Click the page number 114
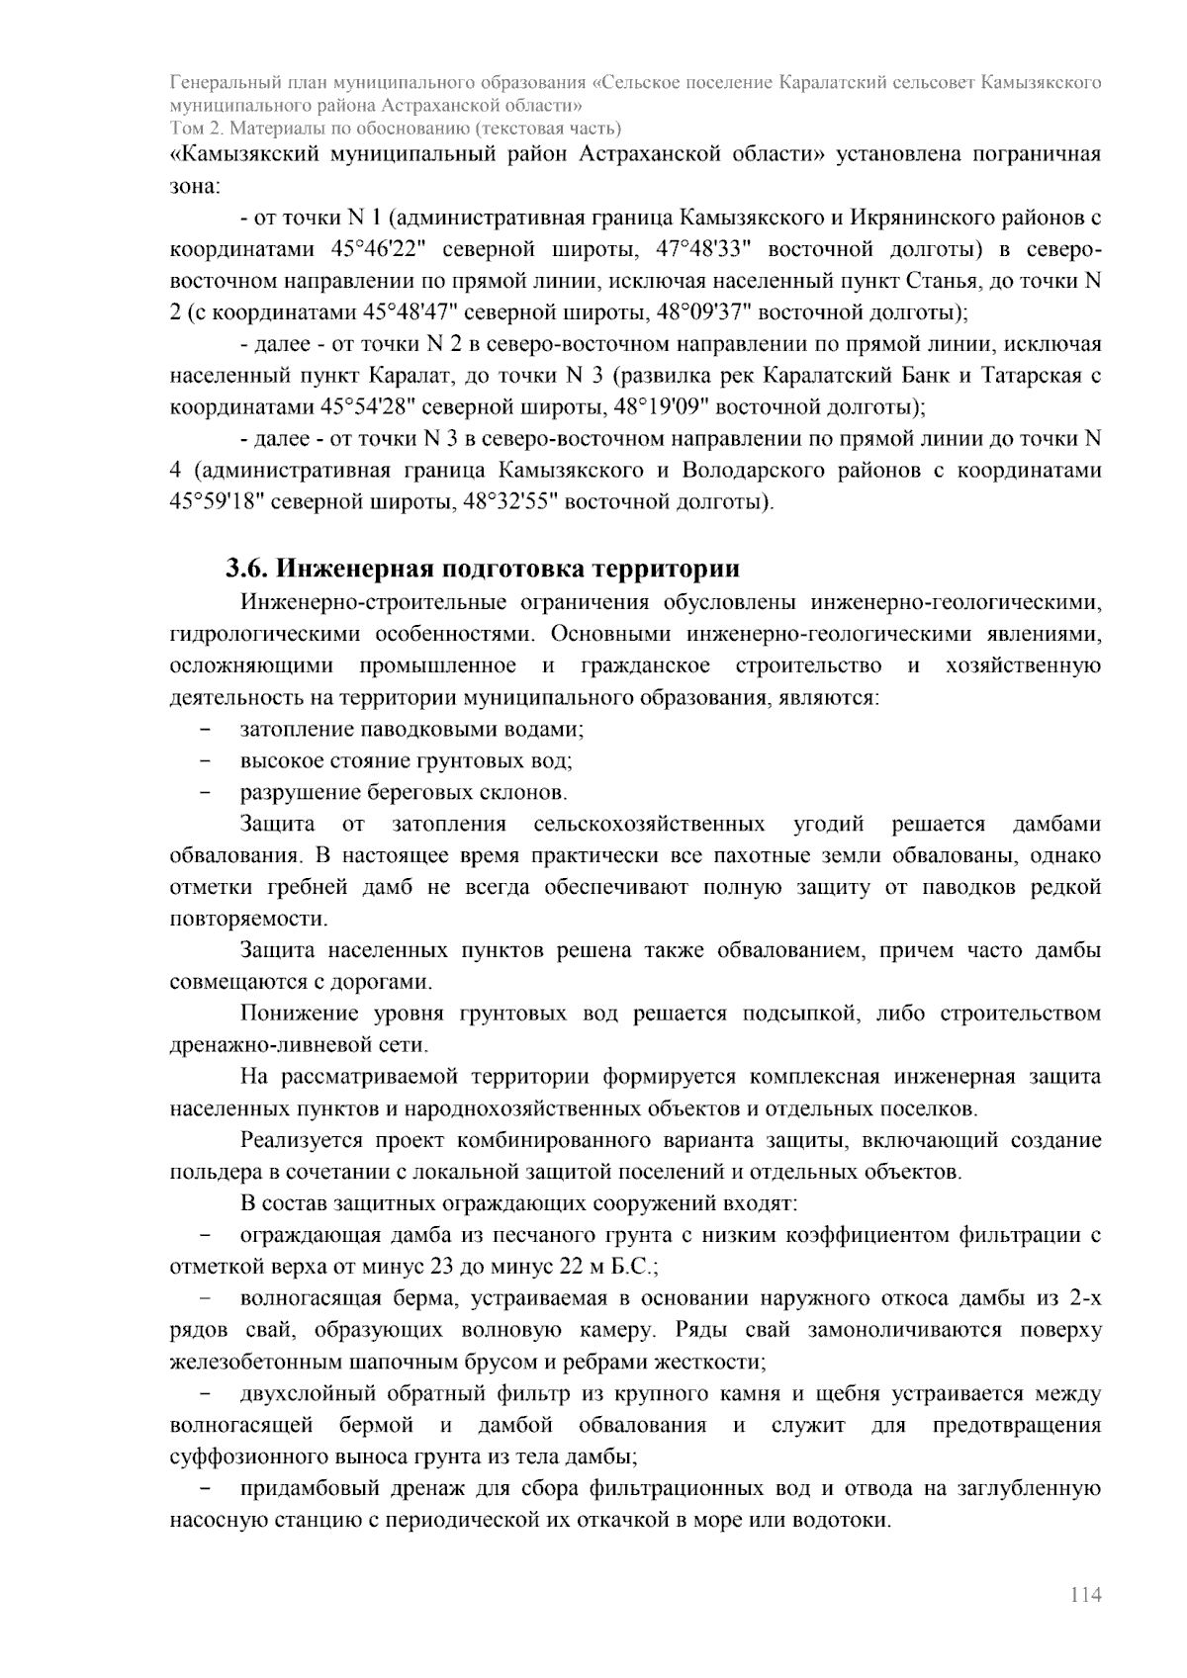coord(1084,1595)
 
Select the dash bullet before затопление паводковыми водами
coord(206,730)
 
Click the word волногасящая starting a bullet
coord(299,1298)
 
